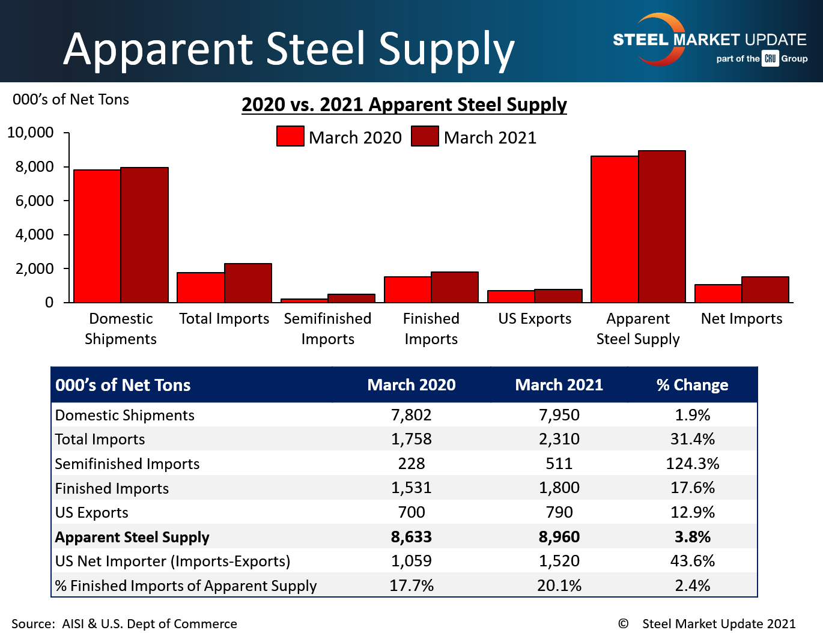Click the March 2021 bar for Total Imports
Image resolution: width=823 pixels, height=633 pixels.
pos(248,283)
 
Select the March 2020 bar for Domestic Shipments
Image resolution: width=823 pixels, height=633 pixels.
pos(97,236)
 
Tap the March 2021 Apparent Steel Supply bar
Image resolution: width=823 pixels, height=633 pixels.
pos(662,226)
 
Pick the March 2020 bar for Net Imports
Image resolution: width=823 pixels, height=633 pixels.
pos(718,294)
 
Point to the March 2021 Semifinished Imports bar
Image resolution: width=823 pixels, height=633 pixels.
pos(351,298)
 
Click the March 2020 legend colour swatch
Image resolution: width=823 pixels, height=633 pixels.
pos(290,136)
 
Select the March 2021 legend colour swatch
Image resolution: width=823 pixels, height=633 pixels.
pos(425,136)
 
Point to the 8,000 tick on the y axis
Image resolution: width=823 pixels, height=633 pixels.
pos(34,167)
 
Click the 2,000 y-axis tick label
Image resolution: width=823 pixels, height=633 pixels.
pos(34,268)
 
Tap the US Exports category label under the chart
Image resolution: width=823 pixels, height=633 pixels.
pos(535,319)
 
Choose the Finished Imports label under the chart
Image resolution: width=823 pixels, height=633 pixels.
pos(431,329)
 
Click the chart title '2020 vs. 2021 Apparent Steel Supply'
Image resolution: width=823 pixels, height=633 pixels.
pos(404,104)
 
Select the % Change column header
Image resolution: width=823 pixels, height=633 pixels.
pos(692,385)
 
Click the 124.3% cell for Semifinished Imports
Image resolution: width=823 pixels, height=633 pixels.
pos(692,464)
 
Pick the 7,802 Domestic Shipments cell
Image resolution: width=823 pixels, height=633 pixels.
pos(412,415)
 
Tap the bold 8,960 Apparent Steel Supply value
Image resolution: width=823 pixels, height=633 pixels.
pos(559,537)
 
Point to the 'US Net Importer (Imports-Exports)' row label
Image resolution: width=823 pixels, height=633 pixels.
pos(173,561)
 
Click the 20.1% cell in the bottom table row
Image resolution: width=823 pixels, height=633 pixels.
pos(559,586)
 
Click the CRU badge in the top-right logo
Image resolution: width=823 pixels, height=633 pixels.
pos(770,58)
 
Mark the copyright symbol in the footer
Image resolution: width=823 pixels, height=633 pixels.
pos(623,623)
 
